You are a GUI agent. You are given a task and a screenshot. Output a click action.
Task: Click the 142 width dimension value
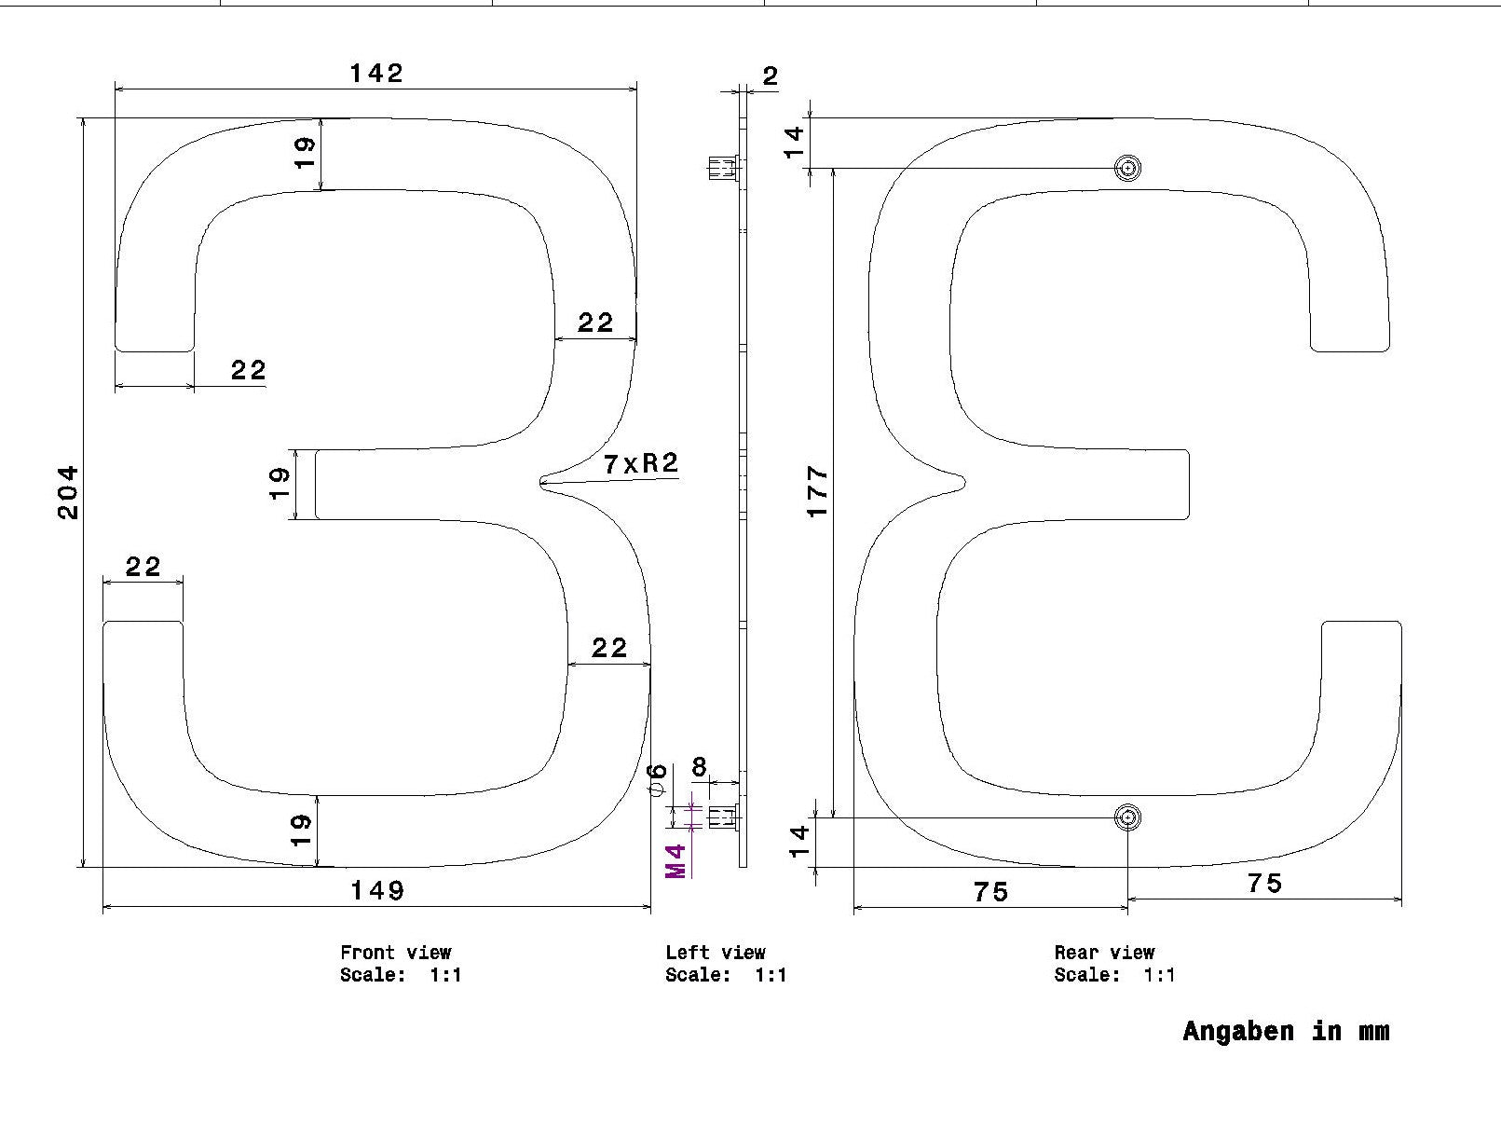pyautogui.click(x=376, y=74)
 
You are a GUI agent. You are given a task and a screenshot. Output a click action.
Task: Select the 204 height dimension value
pyautogui.click(x=68, y=492)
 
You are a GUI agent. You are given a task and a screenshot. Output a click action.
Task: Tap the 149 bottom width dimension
pyautogui.click(x=377, y=891)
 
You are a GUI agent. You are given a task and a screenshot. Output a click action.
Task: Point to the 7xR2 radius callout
pyautogui.click(x=641, y=464)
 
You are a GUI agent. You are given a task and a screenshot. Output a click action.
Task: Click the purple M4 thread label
pyautogui.click(x=675, y=861)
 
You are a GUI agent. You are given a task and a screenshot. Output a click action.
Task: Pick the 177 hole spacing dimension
pyautogui.click(x=818, y=491)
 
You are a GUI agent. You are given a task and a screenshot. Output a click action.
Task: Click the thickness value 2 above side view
pyautogui.click(x=770, y=76)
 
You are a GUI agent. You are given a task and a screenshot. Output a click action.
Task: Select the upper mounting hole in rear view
pyautogui.click(x=1127, y=168)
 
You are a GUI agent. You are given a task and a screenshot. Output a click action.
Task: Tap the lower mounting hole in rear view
pyautogui.click(x=1127, y=817)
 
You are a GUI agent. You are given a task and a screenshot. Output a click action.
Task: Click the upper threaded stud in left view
pyautogui.click(x=723, y=168)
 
